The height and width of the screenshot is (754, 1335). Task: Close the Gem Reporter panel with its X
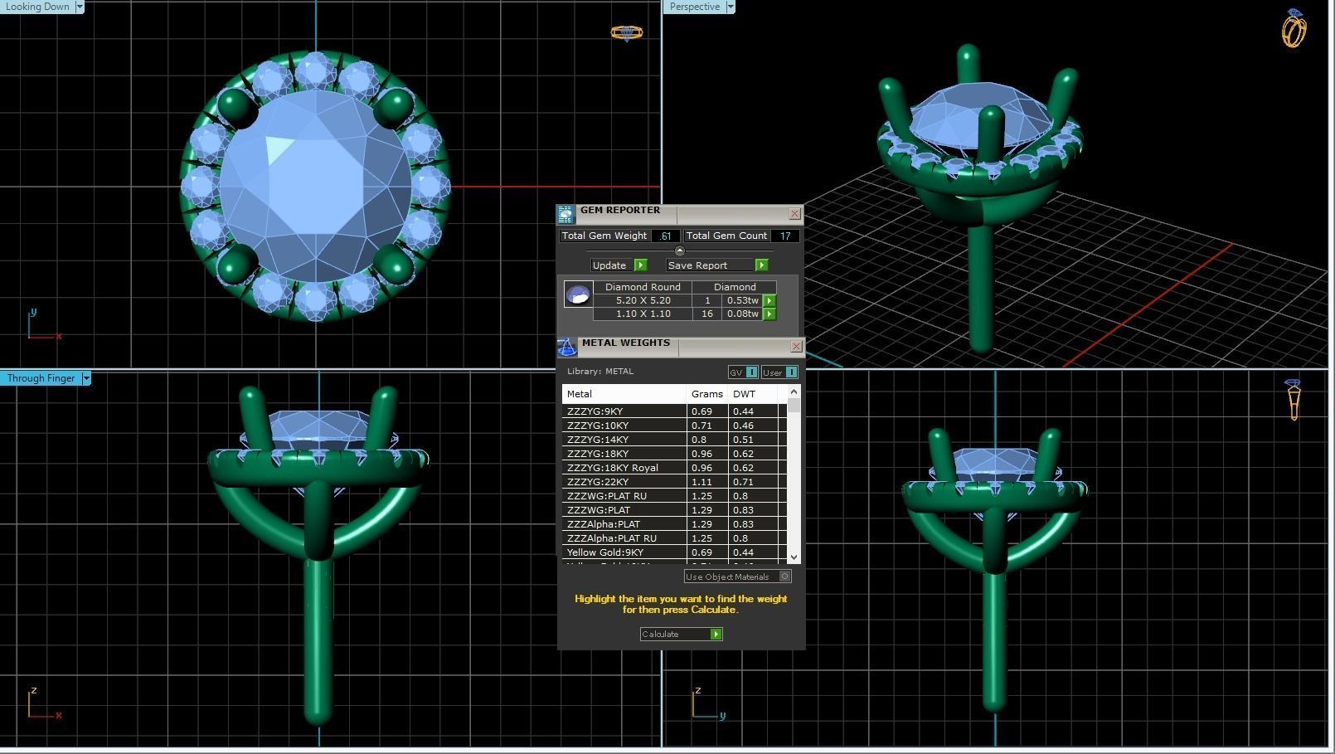tap(794, 214)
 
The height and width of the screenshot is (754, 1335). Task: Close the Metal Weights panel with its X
tap(796, 346)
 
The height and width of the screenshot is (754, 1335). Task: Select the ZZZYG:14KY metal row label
tap(598, 440)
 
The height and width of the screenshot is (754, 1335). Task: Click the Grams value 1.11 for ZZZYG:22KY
tap(701, 482)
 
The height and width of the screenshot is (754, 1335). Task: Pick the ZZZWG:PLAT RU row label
tap(607, 496)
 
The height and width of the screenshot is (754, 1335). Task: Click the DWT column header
tap(744, 394)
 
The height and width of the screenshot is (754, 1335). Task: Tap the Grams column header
tap(706, 394)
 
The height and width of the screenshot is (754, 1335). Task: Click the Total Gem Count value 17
tap(784, 236)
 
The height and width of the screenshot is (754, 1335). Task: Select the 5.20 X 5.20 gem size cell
tap(643, 300)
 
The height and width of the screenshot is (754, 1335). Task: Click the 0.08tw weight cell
tap(742, 314)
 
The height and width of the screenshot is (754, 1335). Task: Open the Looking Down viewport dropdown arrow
tap(80, 7)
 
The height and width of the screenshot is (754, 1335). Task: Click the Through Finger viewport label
tap(41, 378)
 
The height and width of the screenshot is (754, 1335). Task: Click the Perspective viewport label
tap(694, 7)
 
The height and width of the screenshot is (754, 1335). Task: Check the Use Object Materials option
tap(784, 576)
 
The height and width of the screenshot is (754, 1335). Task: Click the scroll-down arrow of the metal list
tap(794, 557)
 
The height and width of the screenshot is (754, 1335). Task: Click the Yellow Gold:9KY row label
tap(605, 552)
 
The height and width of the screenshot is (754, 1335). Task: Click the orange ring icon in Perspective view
tap(1294, 29)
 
